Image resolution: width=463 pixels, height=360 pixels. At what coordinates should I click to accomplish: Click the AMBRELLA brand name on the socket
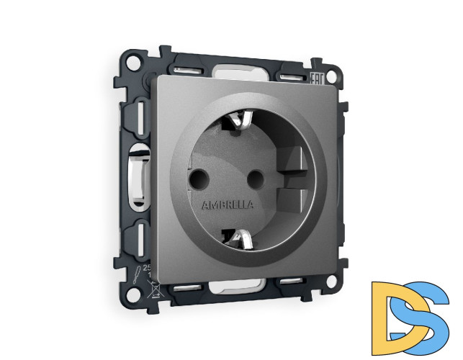(x=228, y=204)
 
